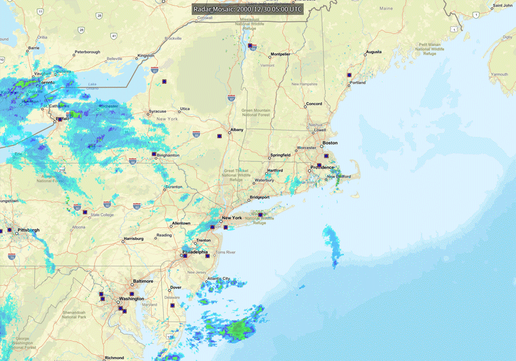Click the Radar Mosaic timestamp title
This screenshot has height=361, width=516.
click(248, 10)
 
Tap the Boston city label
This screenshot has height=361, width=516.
click(330, 143)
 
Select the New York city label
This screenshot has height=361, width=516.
click(232, 218)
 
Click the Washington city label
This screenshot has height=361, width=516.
click(132, 299)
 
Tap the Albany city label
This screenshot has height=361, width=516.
click(237, 130)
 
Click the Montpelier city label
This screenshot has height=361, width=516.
click(280, 54)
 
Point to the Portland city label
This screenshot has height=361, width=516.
click(358, 82)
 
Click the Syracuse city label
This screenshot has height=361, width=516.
click(158, 111)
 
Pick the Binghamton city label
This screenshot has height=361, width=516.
click(168, 155)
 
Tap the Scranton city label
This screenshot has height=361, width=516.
click(174, 187)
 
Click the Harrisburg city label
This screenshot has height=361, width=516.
click(133, 239)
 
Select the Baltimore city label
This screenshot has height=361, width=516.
click(143, 281)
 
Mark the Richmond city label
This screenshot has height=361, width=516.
click(114, 358)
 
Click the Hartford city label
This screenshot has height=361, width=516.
click(275, 170)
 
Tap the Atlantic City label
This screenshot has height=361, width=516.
click(218, 279)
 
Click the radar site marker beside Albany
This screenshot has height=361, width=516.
click(220, 136)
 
